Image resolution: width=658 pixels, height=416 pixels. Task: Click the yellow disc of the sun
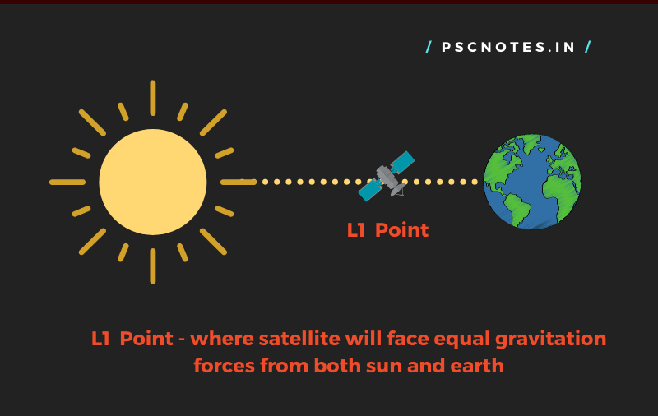click(x=153, y=182)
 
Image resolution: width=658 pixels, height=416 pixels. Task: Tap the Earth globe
click(x=532, y=182)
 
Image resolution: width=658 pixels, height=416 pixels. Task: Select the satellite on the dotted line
click(x=386, y=177)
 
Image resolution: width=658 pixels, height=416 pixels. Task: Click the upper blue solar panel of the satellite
click(x=402, y=163)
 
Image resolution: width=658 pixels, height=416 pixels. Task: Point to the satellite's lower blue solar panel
click(x=370, y=191)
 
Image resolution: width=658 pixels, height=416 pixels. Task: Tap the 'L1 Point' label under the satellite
click(x=387, y=230)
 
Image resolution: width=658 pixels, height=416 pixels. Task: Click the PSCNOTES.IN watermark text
click(x=508, y=47)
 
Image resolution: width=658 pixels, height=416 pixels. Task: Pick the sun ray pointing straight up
click(x=153, y=98)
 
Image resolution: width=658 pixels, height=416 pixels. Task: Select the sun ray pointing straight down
click(x=153, y=266)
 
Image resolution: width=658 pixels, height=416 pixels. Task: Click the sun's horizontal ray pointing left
click(x=67, y=182)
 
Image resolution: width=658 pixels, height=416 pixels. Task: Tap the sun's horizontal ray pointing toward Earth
click(x=239, y=182)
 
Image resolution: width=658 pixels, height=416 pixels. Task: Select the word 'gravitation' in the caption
click(x=550, y=340)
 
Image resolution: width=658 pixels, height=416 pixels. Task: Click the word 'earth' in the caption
click(x=477, y=366)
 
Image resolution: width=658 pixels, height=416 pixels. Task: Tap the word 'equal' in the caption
click(x=461, y=340)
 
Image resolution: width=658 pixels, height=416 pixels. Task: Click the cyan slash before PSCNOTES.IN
click(x=429, y=47)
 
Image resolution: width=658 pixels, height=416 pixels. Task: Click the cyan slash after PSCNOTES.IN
click(x=588, y=47)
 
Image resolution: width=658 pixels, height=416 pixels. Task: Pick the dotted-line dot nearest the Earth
click(x=475, y=182)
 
